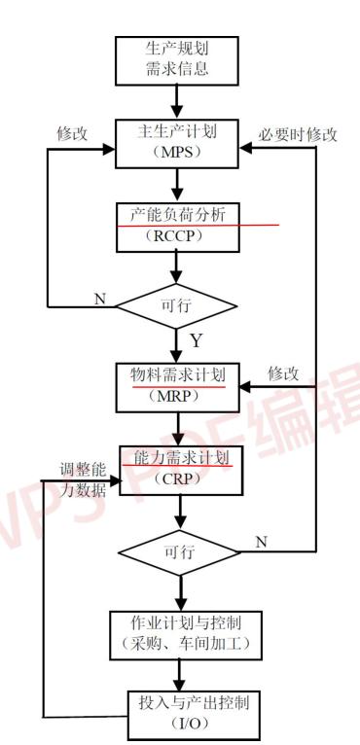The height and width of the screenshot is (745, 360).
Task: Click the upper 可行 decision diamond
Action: (176, 306)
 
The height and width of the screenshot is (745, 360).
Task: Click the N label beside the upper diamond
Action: (100, 298)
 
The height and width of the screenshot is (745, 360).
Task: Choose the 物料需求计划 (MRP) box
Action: (176, 384)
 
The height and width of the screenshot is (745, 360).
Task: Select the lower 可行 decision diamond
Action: (176, 552)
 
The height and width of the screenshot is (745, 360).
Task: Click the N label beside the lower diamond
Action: (260, 542)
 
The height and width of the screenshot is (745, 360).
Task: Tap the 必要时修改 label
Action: (298, 135)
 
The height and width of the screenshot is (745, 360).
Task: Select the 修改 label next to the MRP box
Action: (283, 372)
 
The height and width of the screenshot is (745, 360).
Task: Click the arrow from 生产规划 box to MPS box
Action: (176, 100)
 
